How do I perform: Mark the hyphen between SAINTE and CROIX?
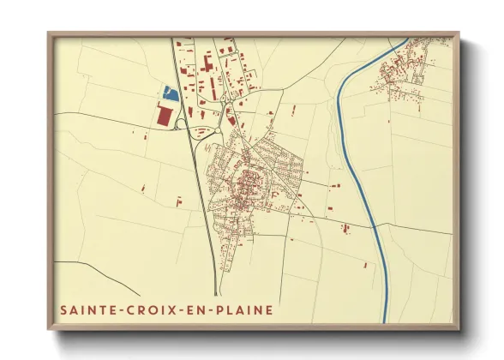[x=119, y=310]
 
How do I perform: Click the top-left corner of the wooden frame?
[x=49, y=33]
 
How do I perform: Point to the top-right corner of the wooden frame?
[x=458, y=33]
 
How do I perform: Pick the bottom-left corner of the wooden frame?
[x=49, y=329]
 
